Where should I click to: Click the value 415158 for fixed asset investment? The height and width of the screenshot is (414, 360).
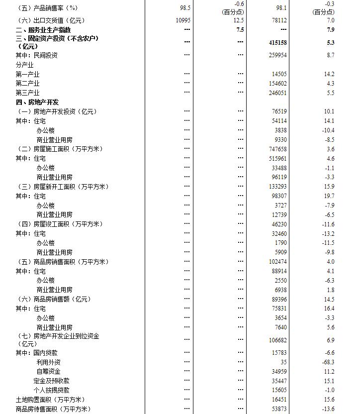[277, 43]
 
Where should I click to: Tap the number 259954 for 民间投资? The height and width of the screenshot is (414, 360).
[277, 55]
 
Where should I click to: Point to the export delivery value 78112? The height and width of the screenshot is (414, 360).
[279, 20]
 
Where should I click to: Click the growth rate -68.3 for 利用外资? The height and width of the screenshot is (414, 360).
[328, 362]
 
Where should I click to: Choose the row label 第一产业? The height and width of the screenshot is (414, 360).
[27, 74]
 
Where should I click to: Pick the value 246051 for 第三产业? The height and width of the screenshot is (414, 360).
[277, 93]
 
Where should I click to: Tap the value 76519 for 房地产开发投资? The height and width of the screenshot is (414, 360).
[279, 111]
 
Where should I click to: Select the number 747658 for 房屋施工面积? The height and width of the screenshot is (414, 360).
[277, 149]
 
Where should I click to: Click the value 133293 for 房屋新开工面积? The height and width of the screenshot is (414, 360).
[277, 187]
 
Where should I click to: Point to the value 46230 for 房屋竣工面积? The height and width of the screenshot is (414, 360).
[279, 224]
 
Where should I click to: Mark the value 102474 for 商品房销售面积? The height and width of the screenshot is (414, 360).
[277, 262]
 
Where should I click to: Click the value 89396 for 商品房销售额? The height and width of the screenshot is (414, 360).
[279, 300]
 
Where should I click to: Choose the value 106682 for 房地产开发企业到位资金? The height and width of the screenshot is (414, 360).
[277, 340]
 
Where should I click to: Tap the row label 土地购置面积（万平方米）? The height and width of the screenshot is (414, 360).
[50, 400]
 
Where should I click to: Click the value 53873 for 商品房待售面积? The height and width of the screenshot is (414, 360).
[279, 409]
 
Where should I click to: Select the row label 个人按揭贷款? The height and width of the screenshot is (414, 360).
[51, 390]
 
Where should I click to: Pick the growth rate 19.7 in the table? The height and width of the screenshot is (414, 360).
[329, 196]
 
